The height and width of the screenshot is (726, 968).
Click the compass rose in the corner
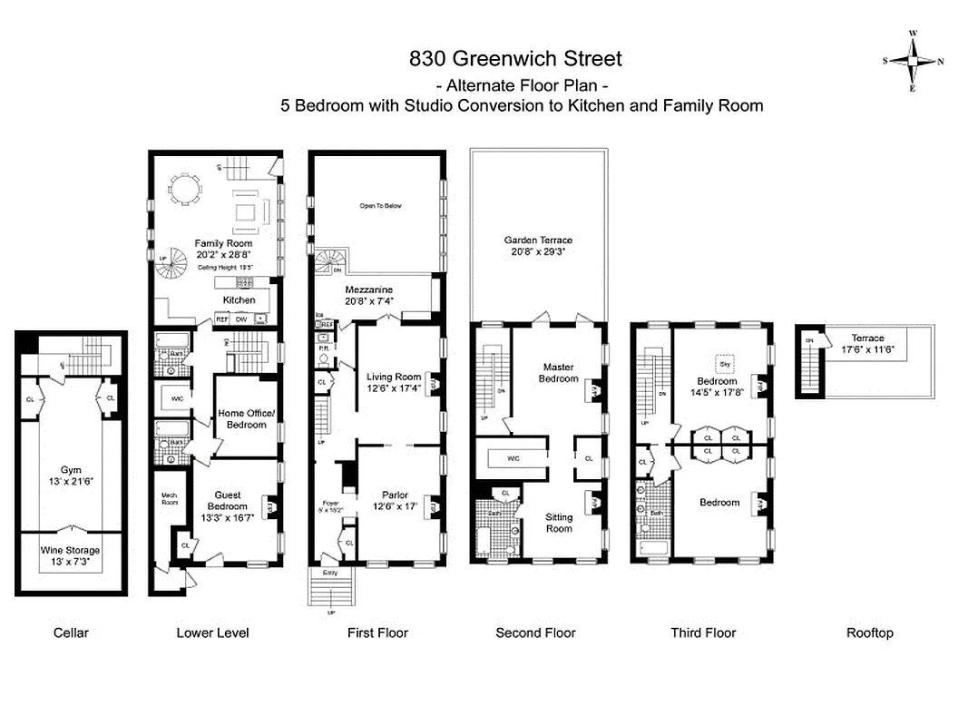(913, 61)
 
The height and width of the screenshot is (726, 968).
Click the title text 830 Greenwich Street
(515, 59)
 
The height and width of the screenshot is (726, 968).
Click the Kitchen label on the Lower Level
(240, 299)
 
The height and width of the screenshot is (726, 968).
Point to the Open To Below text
(380, 206)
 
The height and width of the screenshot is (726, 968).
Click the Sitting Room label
(559, 522)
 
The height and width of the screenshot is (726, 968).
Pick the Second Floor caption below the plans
(535, 633)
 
